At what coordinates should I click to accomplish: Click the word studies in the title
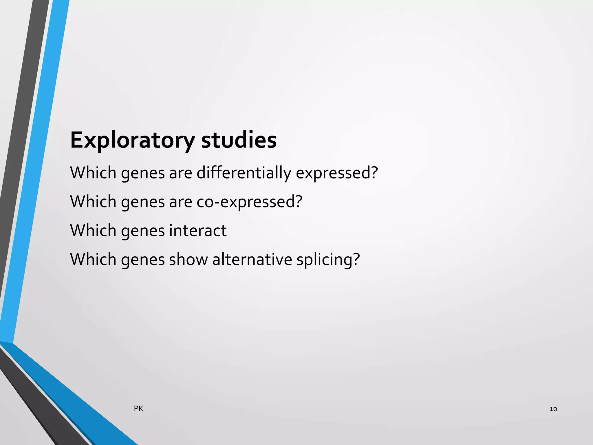(x=239, y=140)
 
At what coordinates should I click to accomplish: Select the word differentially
(x=244, y=173)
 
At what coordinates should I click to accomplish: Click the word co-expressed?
(x=249, y=202)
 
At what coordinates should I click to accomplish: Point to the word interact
(x=198, y=231)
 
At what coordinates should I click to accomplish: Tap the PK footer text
(x=138, y=409)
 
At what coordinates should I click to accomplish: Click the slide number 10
(x=553, y=409)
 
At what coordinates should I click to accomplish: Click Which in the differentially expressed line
(x=93, y=173)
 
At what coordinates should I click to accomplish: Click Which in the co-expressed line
(x=93, y=202)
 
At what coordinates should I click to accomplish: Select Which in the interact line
(x=93, y=231)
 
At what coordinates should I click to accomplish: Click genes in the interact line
(x=143, y=231)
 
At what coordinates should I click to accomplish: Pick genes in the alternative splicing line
(x=143, y=260)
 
